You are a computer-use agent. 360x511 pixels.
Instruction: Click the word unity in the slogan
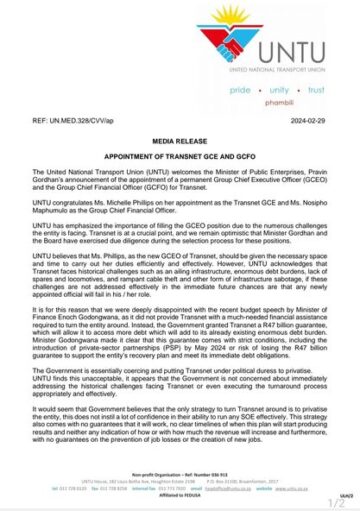[x=279, y=89]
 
